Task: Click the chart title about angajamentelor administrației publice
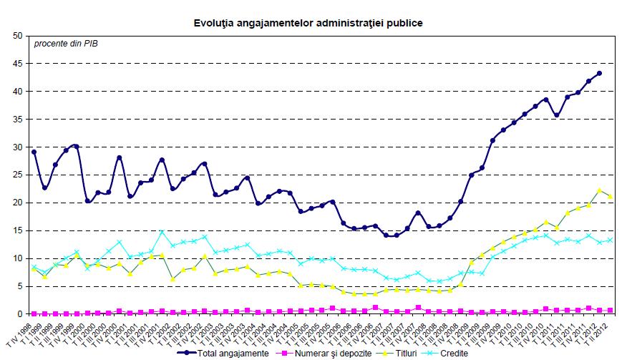(x=308, y=23)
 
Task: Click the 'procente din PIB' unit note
(x=66, y=44)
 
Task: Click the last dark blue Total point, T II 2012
(x=599, y=73)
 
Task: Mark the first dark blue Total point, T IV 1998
(x=34, y=152)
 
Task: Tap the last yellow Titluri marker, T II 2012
(x=610, y=196)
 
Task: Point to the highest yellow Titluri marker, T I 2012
(x=599, y=190)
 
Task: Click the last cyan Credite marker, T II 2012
(x=610, y=240)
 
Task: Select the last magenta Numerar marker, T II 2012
(x=610, y=310)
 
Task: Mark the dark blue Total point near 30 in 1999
(x=76, y=146)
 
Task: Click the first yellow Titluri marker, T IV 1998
(x=34, y=269)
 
